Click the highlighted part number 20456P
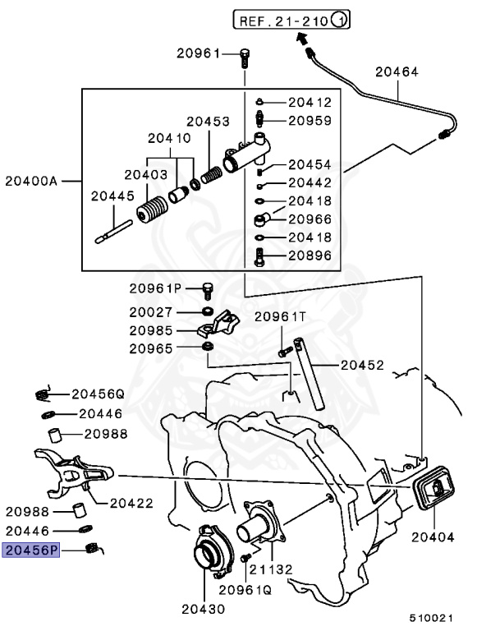pyautogui.click(x=31, y=550)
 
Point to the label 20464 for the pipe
pyautogui.click(x=397, y=72)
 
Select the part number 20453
pyautogui.click(x=207, y=121)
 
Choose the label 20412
pyautogui.click(x=309, y=103)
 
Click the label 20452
pyautogui.click(x=361, y=364)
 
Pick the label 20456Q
pyautogui.click(x=97, y=393)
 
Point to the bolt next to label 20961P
pyautogui.click(x=207, y=288)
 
